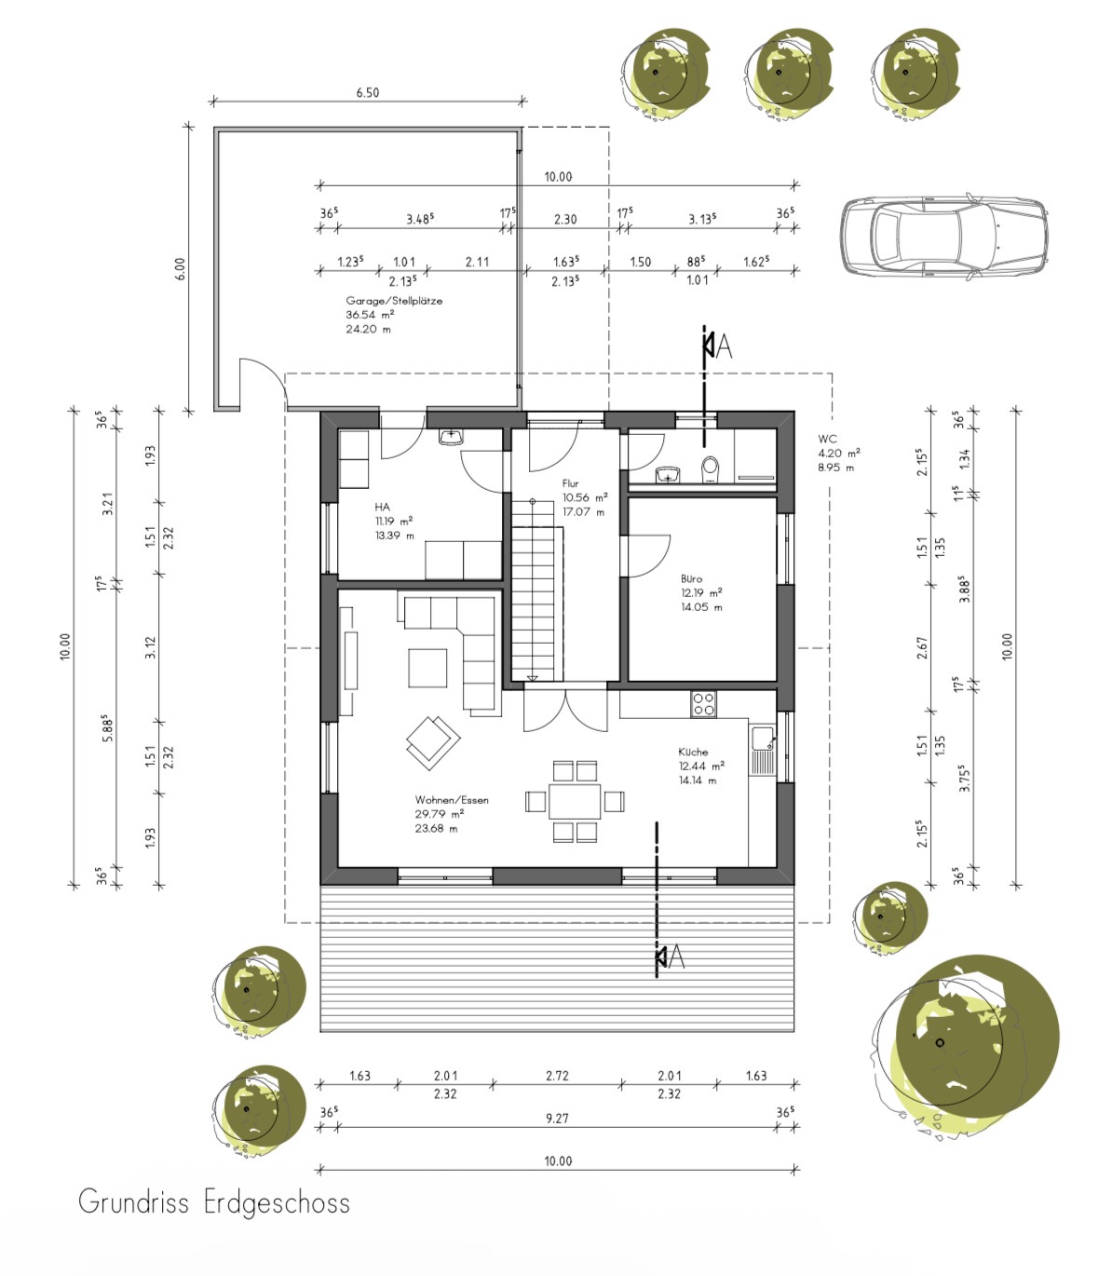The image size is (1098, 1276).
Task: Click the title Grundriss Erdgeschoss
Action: tap(213, 1203)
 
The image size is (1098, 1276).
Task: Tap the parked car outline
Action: tap(943, 236)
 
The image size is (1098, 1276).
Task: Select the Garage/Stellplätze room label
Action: tap(394, 301)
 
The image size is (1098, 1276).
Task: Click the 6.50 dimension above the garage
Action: tap(367, 92)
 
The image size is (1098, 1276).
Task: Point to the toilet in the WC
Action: tap(711, 469)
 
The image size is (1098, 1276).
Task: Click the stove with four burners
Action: tap(704, 704)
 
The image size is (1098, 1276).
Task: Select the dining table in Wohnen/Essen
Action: tap(575, 801)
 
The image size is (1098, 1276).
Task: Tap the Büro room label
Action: tap(691, 579)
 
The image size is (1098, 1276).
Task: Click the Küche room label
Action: tap(693, 752)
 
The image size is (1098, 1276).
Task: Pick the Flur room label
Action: tap(570, 483)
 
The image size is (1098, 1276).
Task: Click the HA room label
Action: tap(382, 507)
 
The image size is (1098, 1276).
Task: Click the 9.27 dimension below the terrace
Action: tap(557, 1118)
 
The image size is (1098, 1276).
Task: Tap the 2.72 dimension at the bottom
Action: tap(557, 1076)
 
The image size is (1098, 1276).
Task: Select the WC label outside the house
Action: tap(827, 439)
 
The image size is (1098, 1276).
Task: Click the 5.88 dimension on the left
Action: tap(107, 727)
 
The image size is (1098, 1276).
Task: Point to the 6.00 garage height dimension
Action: tap(180, 269)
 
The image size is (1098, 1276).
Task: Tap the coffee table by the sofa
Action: tap(427, 668)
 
